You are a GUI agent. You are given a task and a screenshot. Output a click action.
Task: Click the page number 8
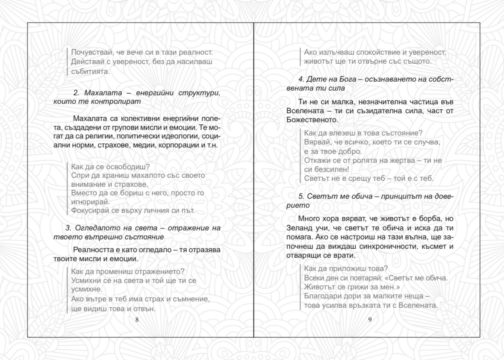pos(136,320)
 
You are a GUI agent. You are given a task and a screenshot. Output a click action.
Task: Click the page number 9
pos(370,320)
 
